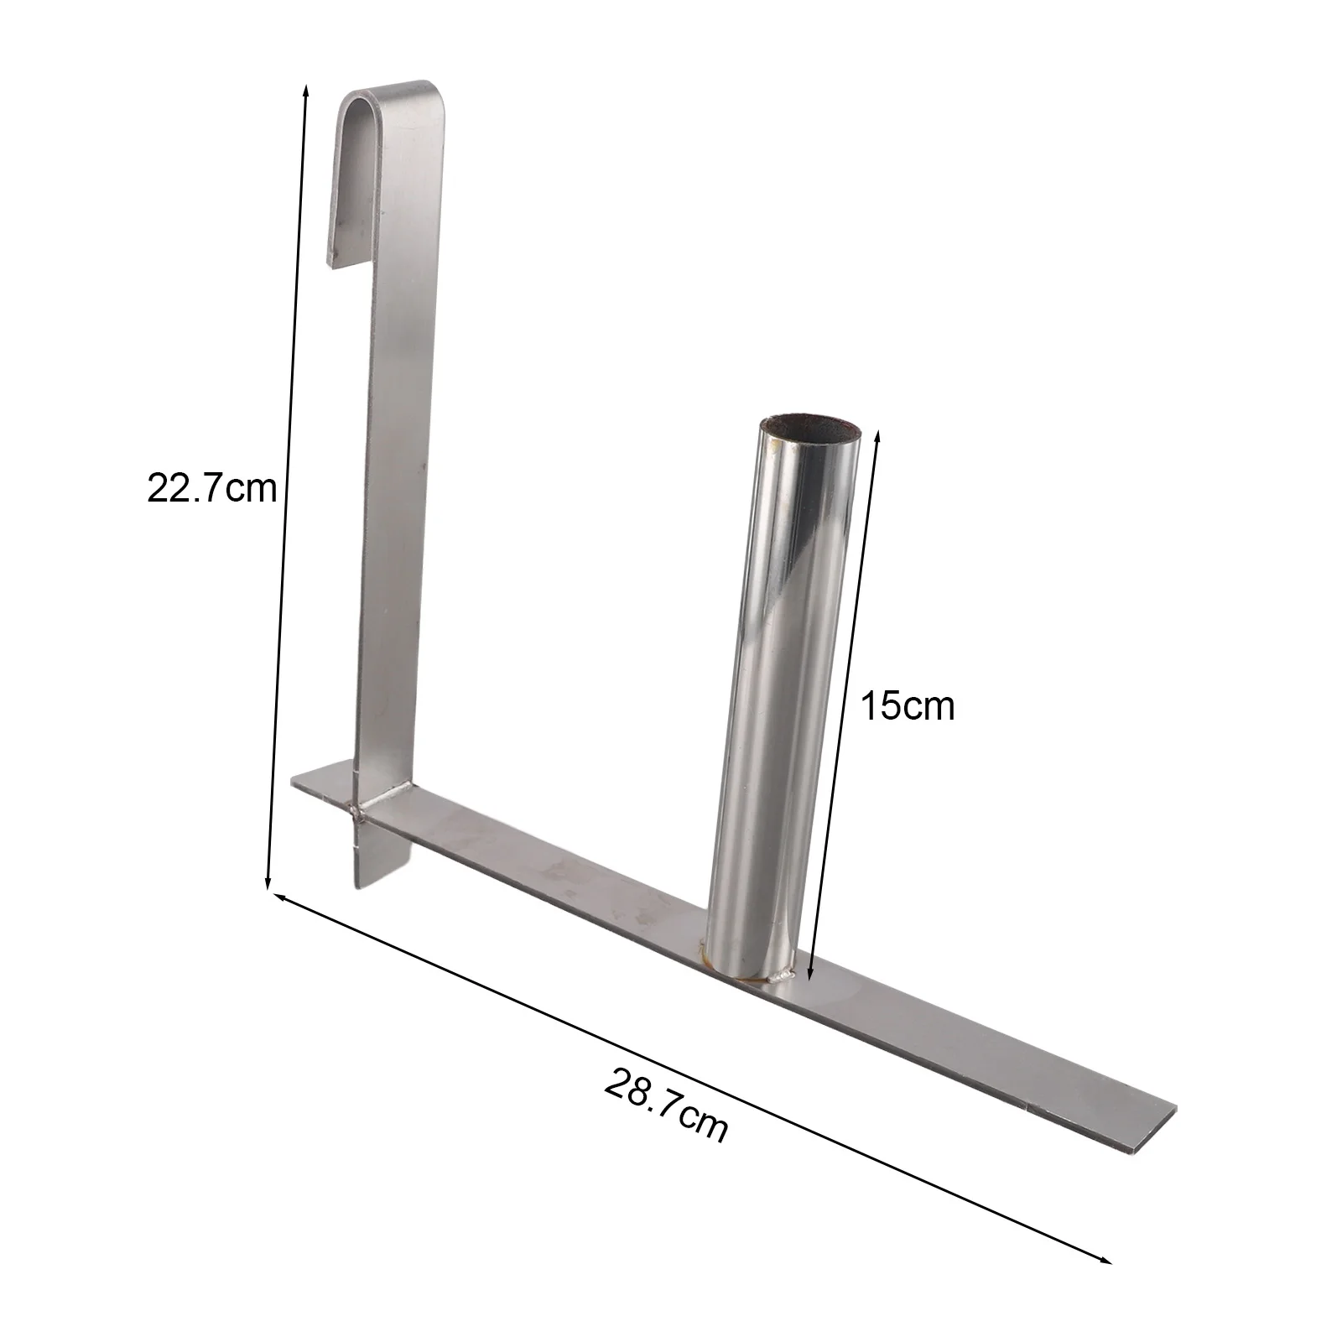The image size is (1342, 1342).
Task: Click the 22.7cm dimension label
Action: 211,487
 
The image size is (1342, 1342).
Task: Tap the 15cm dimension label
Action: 908,706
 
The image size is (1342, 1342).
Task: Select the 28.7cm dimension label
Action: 665,1105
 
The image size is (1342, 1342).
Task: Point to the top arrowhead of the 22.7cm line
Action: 305,88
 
